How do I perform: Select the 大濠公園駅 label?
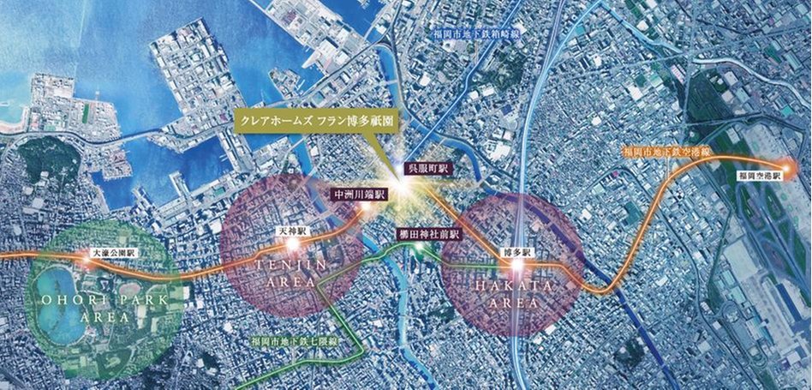(x=114, y=255)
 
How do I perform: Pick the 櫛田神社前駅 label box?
(x=430, y=233)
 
